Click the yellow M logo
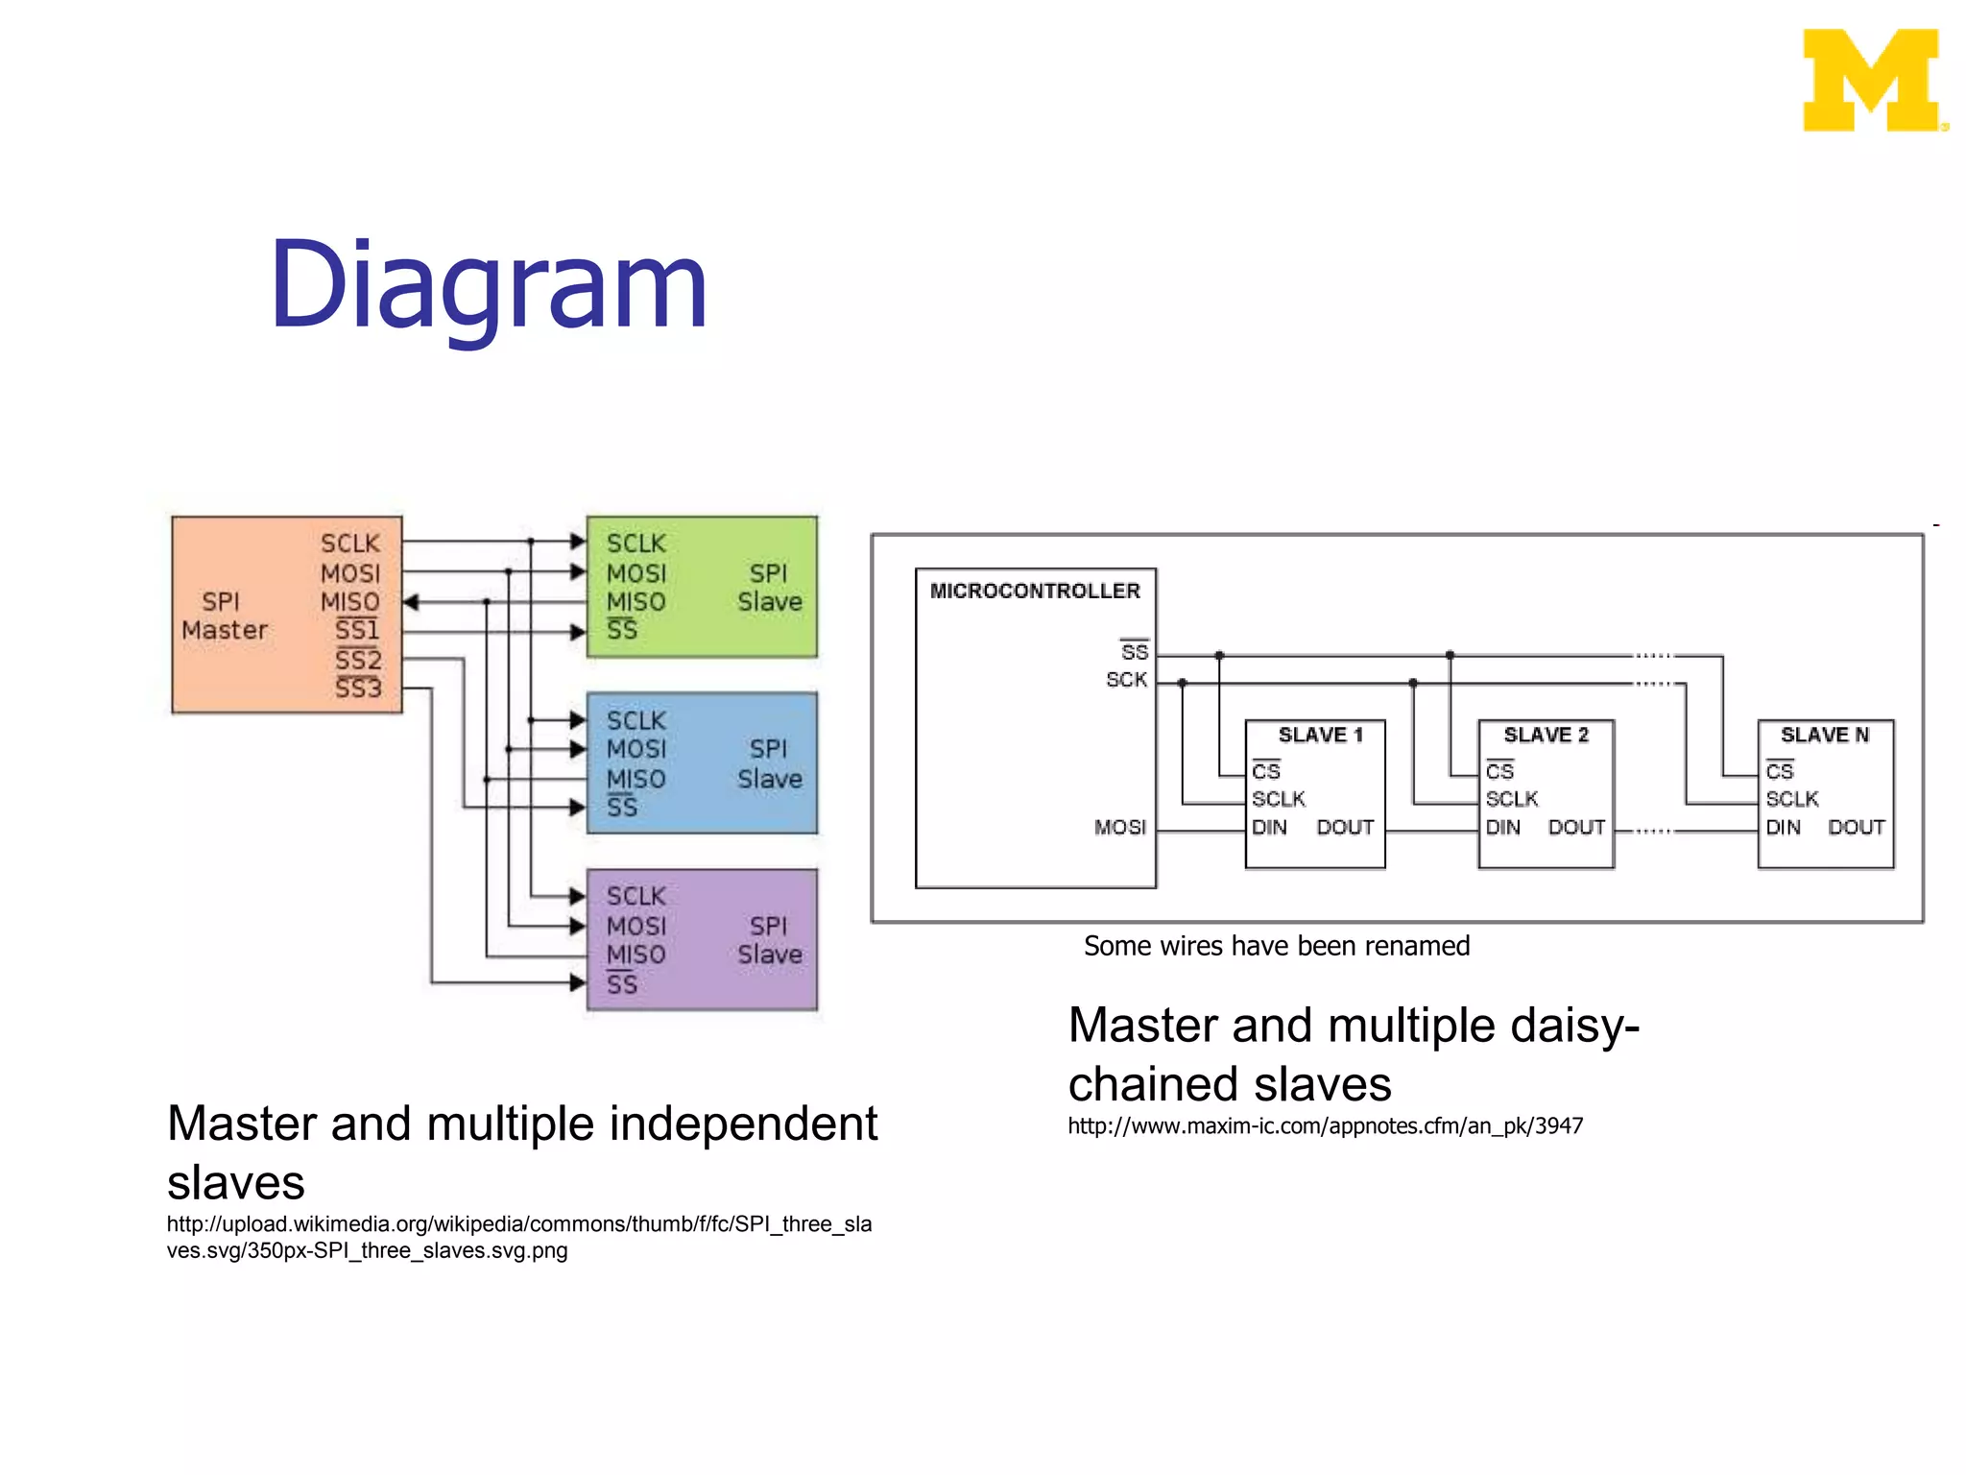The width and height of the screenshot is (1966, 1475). point(1872,81)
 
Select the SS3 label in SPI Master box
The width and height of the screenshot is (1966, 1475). point(358,688)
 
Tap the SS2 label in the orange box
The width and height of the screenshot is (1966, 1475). point(358,660)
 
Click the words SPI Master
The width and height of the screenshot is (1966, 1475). point(224,616)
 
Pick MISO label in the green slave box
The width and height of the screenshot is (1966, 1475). point(635,602)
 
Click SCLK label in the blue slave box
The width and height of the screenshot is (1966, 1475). point(635,720)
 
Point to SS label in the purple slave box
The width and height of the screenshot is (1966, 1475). point(622,984)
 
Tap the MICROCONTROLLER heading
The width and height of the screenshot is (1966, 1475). point(1035,591)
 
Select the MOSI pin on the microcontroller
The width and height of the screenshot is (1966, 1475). point(1119,827)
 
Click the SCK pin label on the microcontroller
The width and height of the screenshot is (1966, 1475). point(1126,680)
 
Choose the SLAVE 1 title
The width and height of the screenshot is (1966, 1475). point(1320,735)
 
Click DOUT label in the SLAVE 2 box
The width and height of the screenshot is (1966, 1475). point(1576,827)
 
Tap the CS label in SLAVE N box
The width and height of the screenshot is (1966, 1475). point(1779,771)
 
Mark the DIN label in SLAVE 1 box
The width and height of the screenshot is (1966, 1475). point(1269,827)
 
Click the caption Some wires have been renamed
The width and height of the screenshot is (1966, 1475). point(1276,946)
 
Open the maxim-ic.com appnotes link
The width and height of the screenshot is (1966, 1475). point(1325,1125)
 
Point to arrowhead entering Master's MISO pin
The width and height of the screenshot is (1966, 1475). point(411,602)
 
